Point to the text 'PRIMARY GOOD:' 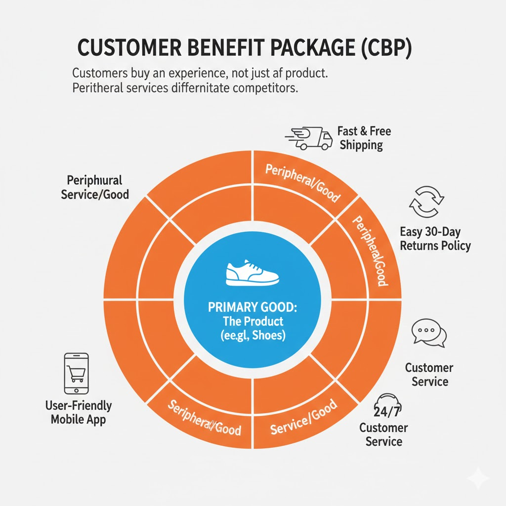[x=253, y=307]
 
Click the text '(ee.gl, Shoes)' [x=253, y=336]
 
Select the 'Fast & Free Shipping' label [x=364, y=138]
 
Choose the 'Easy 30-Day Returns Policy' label [x=435, y=238]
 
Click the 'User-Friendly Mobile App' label [x=78, y=413]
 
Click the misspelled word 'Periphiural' [x=94, y=179]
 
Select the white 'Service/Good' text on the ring [x=304, y=417]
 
